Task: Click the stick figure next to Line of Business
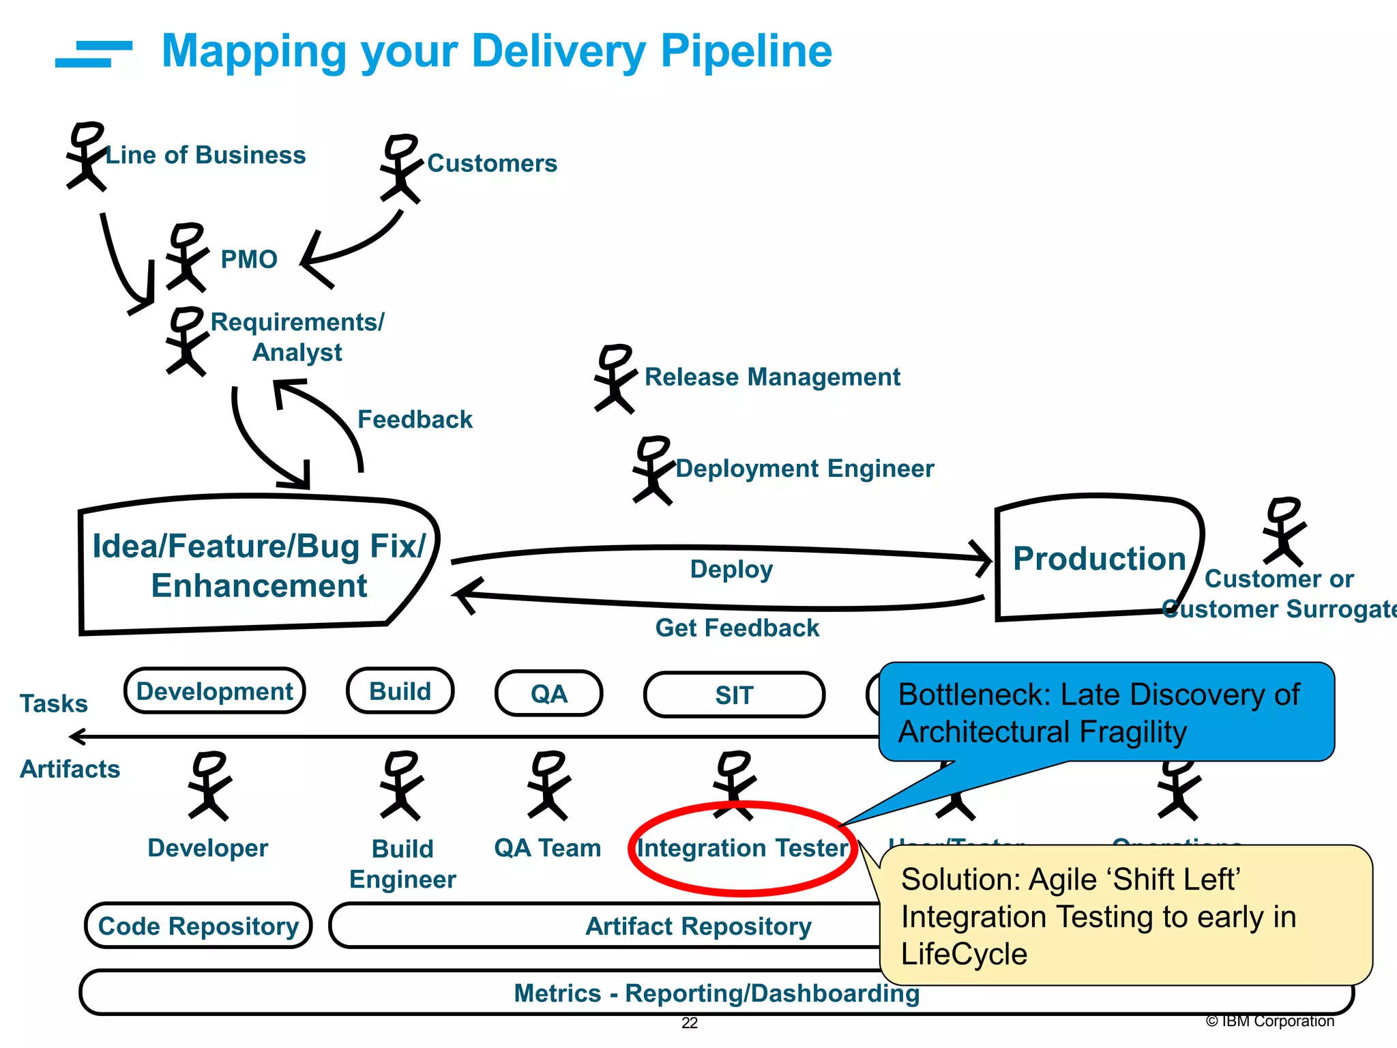pyautogui.click(x=85, y=156)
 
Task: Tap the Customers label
pyautogui.click(x=492, y=164)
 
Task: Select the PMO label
pyautogui.click(x=249, y=259)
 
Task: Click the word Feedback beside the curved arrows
pyautogui.click(x=415, y=419)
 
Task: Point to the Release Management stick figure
pyautogui.click(x=615, y=379)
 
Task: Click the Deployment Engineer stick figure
pyautogui.click(x=653, y=470)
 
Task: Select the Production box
pyautogui.click(x=1098, y=558)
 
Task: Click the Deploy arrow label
pyautogui.click(x=731, y=569)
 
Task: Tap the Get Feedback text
pyautogui.click(x=737, y=628)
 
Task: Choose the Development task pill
pyautogui.click(x=214, y=691)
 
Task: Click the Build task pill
pyautogui.click(x=400, y=691)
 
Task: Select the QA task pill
pyautogui.click(x=548, y=694)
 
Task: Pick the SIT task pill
pyautogui.click(x=734, y=695)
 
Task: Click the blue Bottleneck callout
pyautogui.click(x=1105, y=712)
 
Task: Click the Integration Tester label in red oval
pyautogui.click(x=742, y=848)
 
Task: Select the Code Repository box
pyautogui.click(x=198, y=926)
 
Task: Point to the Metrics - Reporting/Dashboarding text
pyautogui.click(x=716, y=993)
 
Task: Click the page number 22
pyautogui.click(x=690, y=1023)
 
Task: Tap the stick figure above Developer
pyautogui.click(x=209, y=785)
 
